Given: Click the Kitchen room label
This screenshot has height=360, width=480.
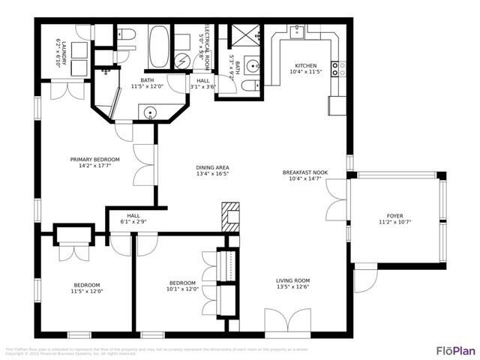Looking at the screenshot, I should click(x=305, y=66).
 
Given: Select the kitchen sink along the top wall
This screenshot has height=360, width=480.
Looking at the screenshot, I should click(x=298, y=31).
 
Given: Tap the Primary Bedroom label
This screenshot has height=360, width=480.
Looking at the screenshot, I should click(x=94, y=159).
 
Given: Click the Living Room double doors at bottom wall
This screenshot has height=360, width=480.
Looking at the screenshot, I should click(x=286, y=322).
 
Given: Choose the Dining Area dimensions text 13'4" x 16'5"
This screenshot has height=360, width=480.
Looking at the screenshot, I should click(x=212, y=175).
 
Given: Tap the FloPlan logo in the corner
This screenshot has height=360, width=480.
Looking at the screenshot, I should click(x=455, y=350).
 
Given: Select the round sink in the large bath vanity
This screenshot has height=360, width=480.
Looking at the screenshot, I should click(x=151, y=114).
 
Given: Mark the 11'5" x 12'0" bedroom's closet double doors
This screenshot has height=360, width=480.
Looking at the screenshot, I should click(x=73, y=250).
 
